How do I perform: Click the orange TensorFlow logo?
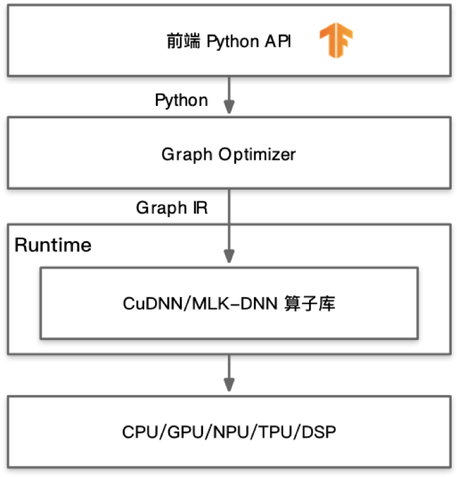pyautogui.click(x=336, y=42)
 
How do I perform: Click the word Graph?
pyautogui.click(x=187, y=155)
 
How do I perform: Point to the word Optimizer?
pyautogui.click(x=257, y=155)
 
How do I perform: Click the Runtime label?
pyautogui.click(x=53, y=246)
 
